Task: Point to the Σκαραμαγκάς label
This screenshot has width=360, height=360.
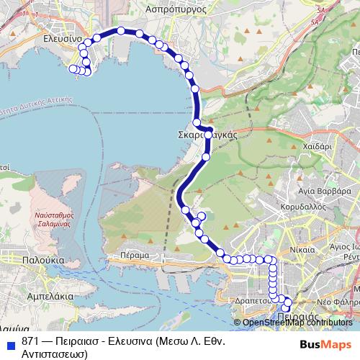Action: click(207, 135)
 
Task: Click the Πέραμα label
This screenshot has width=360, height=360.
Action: click(135, 255)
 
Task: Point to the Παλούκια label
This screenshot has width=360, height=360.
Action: click(44, 260)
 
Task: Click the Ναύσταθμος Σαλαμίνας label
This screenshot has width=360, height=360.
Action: click(55, 220)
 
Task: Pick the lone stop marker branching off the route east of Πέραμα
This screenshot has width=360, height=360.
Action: click(202, 216)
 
